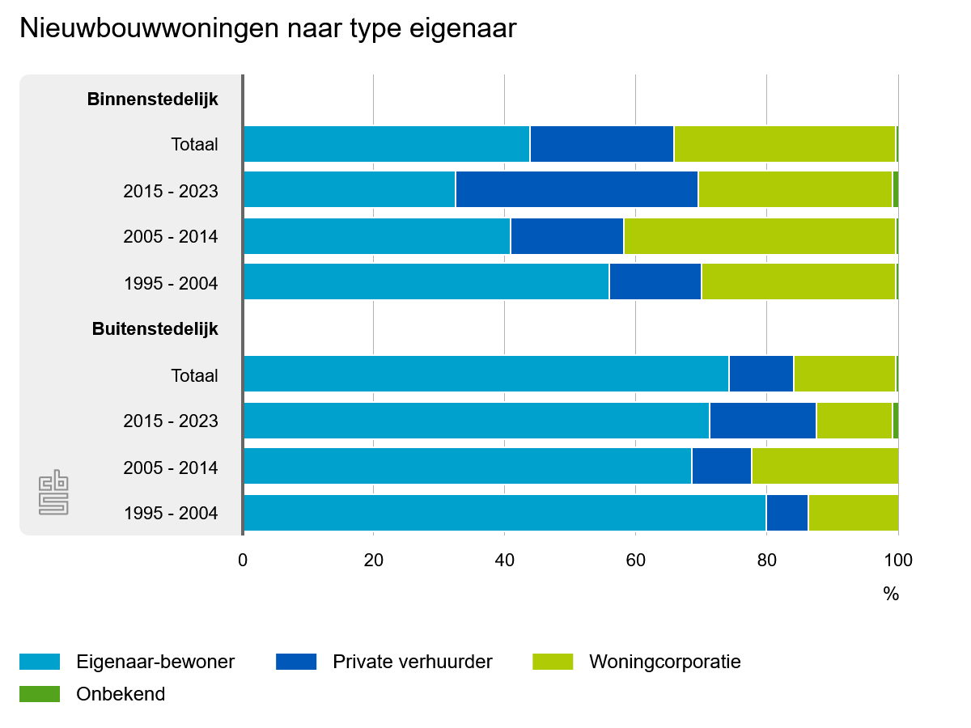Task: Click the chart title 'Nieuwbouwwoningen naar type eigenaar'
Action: point(268,29)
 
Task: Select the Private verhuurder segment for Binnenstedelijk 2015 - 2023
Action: point(576,190)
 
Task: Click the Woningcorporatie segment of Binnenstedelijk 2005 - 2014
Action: point(759,236)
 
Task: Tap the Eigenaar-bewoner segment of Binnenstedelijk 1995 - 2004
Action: point(426,281)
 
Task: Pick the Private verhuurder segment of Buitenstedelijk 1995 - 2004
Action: point(787,513)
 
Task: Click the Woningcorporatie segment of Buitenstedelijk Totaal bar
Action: point(844,374)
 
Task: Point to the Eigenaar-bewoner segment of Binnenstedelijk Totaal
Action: point(386,144)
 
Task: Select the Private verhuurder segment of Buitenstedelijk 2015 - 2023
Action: point(762,421)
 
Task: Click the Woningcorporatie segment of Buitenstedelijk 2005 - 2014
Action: point(824,467)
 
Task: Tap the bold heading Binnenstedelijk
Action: point(153,99)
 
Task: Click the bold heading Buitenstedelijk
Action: point(155,329)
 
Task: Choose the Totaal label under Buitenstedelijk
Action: point(194,375)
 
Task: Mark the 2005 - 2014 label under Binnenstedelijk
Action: point(171,237)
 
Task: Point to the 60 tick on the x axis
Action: point(635,560)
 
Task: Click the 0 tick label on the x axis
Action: point(243,560)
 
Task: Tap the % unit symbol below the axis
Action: point(891,595)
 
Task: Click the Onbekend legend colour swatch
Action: point(40,694)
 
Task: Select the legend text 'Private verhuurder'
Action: point(412,662)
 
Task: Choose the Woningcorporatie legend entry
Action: point(664,662)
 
